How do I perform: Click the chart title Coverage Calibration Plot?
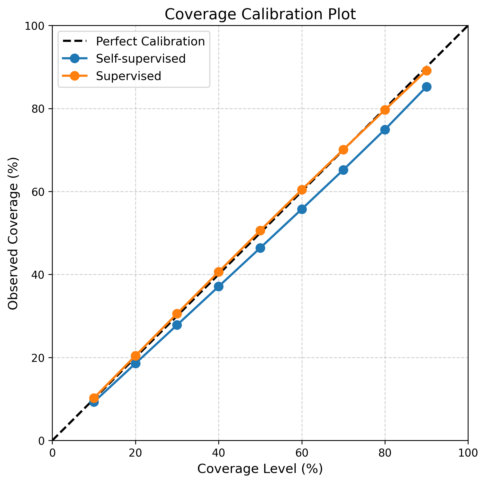coord(260,14)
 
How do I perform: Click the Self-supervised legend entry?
coord(124,59)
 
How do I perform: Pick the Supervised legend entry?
coord(112,76)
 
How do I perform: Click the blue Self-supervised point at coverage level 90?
coord(427,87)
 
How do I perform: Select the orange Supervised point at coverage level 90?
coord(427,71)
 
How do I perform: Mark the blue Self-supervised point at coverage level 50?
coord(260,248)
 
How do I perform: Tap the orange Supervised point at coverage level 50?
coord(260,231)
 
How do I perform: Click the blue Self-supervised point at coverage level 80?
coord(385,130)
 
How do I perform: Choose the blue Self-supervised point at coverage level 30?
coord(177,325)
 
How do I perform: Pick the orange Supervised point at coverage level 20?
coord(136,355)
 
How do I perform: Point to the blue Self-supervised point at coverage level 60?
coord(302,209)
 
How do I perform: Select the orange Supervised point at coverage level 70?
coord(343,150)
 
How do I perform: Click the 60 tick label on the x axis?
coord(302,453)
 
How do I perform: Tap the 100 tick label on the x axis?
coord(468,453)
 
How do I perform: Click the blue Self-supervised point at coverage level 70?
coord(343,170)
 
